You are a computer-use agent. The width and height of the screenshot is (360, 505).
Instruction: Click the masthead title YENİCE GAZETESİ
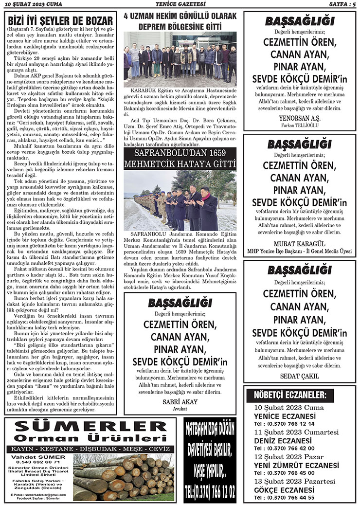coord(180,4)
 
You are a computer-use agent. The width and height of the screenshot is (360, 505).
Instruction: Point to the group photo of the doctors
coord(180,59)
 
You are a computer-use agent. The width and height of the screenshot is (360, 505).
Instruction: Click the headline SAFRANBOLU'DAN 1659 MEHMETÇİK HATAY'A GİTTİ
coord(180,159)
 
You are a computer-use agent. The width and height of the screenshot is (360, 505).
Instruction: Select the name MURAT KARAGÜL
coord(299,243)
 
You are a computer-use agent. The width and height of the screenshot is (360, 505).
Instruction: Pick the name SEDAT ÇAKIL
coord(299,376)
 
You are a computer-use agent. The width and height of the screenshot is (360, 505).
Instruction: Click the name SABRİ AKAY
coord(180,401)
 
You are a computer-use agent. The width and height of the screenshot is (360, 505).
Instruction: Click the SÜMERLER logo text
coord(89,427)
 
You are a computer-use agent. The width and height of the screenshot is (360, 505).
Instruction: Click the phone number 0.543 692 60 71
coord(35,461)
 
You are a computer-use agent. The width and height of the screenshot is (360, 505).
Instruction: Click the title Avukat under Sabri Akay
coord(180,409)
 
